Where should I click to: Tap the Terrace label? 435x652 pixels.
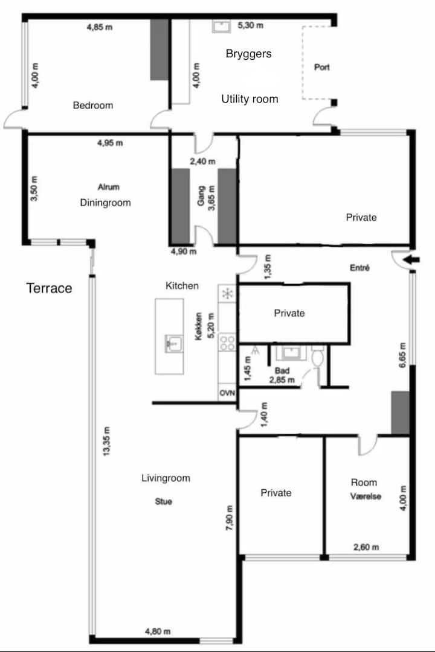[x=49, y=288]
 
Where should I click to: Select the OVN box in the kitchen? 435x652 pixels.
[x=227, y=393]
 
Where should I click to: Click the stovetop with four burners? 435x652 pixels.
[x=228, y=343]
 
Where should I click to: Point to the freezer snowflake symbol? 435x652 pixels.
[x=228, y=294]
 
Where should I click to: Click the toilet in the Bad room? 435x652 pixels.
[x=318, y=357]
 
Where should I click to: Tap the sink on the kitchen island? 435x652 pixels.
[x=173, y=344]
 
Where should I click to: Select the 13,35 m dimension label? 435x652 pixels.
[x=107, y=441]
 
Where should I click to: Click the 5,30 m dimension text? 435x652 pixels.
[x=250, y=25]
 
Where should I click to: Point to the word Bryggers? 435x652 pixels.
[x=249, y=54]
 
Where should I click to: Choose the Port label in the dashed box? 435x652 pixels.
[x=321, y=67]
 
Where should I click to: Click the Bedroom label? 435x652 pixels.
[x=93, y=105]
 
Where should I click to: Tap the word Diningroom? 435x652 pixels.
[x=105, y=203]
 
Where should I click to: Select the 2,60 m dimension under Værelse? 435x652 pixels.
[x=366, y=547]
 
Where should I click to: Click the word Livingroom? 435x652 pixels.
[x=166, y=478]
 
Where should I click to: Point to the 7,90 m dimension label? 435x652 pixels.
[x=230, y=517]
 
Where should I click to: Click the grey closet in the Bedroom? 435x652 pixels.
[x=159, y=49]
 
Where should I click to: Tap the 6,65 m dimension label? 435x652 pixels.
[x=402, y=355]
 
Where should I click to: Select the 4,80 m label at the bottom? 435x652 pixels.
[x=158, y=631]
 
